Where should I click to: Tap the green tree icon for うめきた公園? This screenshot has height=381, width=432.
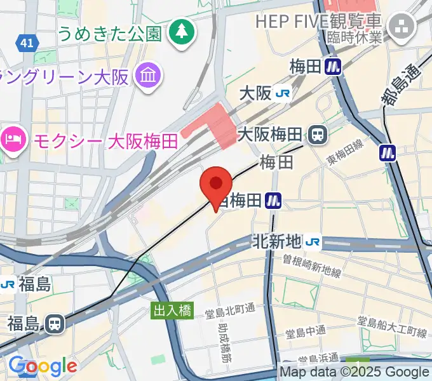pos(182,30)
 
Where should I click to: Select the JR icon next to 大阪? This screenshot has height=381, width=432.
pos(283,93)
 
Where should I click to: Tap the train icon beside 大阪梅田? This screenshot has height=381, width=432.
pos(317,134)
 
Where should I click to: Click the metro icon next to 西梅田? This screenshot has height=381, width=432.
pos(274,201)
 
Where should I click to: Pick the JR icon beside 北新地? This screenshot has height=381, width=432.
pos(312,241)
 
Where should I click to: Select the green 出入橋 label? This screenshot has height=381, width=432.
pos(171,311)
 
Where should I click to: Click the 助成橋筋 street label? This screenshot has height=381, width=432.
pos(224,342)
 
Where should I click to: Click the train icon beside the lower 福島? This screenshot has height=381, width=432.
pos(55,324)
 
